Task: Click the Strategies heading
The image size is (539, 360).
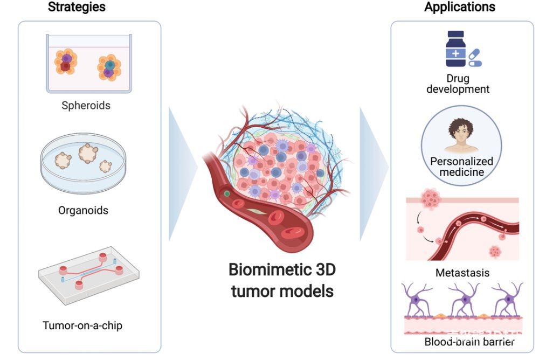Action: (x=77, y=7)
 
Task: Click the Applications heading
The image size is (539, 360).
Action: (x=460, y=7)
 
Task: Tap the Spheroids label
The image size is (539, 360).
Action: (x=86, y=105)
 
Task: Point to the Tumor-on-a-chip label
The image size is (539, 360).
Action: (x=86, y=325)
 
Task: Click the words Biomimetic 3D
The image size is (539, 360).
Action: (x=282, y=269)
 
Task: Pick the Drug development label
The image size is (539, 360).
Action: (x=458, y=84)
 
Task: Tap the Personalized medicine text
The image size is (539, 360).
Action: (x=461, y=167)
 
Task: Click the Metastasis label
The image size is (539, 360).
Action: (x=462, y=273)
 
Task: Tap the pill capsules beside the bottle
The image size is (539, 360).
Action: (x=474, y=58)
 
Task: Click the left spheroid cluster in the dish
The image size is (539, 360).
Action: (x=66, y=62)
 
